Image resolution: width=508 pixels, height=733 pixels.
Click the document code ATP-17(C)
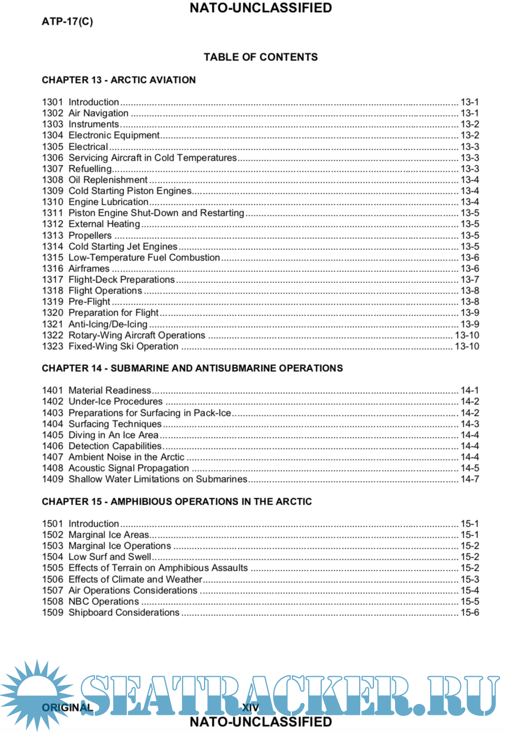point(67,22)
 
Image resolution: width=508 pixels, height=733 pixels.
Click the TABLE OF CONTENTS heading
point(260,57)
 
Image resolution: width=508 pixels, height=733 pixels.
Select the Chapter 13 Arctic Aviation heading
point(119,80)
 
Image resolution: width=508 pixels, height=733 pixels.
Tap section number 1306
point(53,158)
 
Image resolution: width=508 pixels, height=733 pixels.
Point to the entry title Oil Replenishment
point(108,180)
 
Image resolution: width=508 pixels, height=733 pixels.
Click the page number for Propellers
point(470,235)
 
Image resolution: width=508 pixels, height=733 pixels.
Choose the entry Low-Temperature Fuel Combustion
point(144,258)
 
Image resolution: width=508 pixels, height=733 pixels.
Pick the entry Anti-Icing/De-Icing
point(108,324)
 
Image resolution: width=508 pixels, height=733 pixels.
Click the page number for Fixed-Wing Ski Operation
point(467,347)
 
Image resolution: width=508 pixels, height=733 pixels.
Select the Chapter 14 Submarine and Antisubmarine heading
point(192,369)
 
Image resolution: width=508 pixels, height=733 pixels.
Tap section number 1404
point(53,424)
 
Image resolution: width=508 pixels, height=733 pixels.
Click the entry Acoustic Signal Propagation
point(128,468)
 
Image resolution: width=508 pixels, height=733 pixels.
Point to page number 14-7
point(470,479)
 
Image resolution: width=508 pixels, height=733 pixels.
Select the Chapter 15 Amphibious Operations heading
point(177,502)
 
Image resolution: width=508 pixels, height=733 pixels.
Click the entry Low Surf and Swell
point(110,557)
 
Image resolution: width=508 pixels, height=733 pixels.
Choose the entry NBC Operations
point(104,602)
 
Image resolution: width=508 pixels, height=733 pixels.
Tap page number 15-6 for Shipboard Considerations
point(470,613)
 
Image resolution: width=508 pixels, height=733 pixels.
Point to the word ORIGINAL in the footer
point(67,708)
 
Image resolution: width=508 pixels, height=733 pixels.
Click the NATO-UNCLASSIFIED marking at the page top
point(260,8)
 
